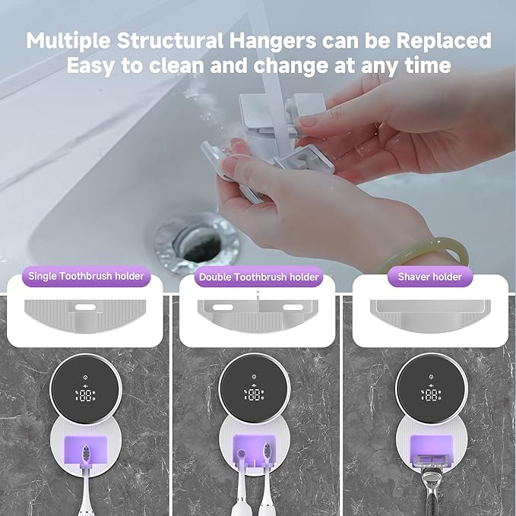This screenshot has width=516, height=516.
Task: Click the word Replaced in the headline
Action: (x=444, y=40)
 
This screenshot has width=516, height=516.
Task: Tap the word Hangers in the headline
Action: (x=273, y=41)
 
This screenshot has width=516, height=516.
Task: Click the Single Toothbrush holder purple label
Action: (x=86, y=276)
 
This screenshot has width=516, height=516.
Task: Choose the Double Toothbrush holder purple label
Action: (x=258, y=277)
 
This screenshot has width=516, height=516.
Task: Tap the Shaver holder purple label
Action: (x=430, y=277)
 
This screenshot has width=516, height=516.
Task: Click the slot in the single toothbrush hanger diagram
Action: (x=85, y=307)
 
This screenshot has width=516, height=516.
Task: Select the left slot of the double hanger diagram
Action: (x=223, y=307)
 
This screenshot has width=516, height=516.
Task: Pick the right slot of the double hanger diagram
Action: (x=293, y=307)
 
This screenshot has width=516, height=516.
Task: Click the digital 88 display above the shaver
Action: (x=432, y=394)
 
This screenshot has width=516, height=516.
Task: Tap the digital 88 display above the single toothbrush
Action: (x=85, y=395)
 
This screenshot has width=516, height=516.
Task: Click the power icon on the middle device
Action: (x=254, y=376)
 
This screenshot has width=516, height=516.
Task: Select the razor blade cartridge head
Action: (x=431, y=460)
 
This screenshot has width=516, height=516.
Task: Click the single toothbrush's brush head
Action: (x=86, y=454)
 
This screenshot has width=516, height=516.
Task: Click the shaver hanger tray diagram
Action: (x=430, y=315)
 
